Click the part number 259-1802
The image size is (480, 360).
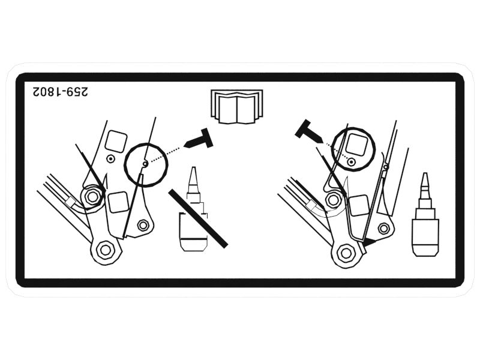tap(61, 92)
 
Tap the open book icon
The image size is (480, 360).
tap(237, 107)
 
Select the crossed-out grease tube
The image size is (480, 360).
tap(193, 209)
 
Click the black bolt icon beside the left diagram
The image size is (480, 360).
tap(199, 139)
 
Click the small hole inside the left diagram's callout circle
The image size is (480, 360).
tap(145, 164)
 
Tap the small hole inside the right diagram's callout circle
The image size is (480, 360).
tap(352, 161)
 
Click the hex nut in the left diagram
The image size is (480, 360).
tap(92, 196)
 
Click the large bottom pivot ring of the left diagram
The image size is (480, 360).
tap(106, 250)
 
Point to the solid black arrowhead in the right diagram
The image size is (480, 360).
tap(369, 242)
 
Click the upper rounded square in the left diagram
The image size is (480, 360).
tap(116, 141)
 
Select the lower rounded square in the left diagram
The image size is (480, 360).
tap(118, 202)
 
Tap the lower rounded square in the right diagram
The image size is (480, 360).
tap(359, 205)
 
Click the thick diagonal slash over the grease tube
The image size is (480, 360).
tap(199, 218)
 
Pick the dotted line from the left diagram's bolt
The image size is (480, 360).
tap(164, 154)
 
